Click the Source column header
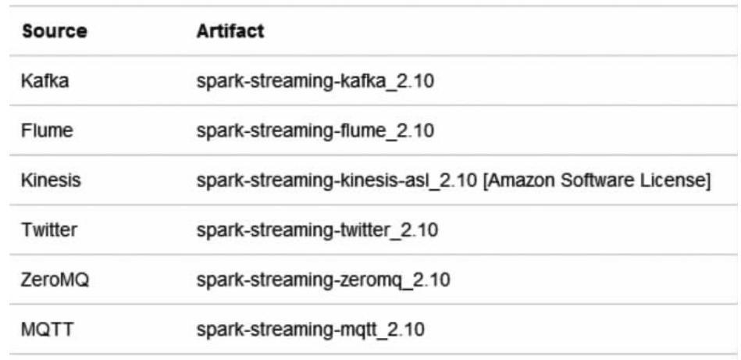point(55,32)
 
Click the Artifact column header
point(230,31)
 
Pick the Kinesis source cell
point(52,181)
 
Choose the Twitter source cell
point(50,230)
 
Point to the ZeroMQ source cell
point(55,280)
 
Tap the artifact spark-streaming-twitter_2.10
point(318,230)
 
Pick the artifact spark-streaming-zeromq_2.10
point(323,280)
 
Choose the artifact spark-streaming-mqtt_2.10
point(311,329)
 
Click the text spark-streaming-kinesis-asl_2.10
point(337,181)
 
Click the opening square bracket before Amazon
point(486,181)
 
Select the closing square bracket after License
point(707,181)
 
